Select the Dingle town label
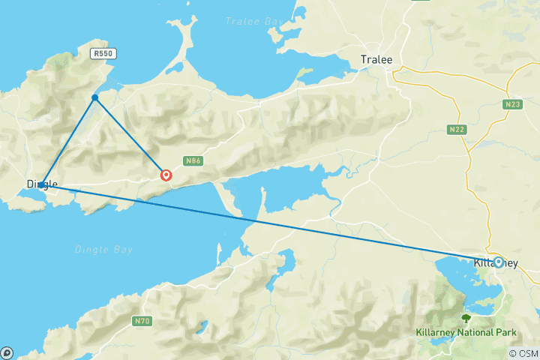(x=42, y=183)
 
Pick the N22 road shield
(x=457, y=129)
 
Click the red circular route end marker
(x=166, y=175)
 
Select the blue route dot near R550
(x=95, y=97)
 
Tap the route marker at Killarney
(x=498, y=262)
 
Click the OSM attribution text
(x=523, y=353)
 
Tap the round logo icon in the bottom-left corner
(x=7, y=352)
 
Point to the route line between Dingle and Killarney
(x=270, y=223)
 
